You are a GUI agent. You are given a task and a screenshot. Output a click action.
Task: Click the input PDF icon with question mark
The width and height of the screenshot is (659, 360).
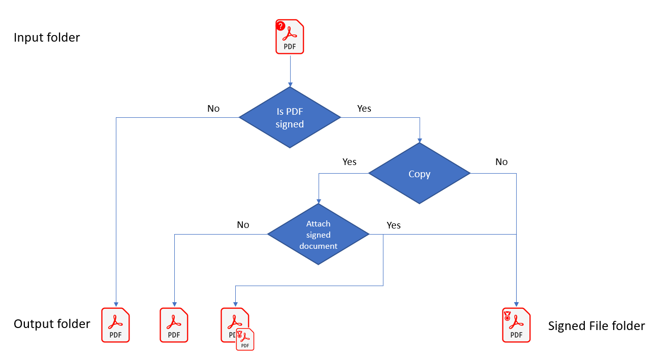[x=290, y=37]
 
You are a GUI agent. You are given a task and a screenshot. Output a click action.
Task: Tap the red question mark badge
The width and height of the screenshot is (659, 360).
[x=280, y=26]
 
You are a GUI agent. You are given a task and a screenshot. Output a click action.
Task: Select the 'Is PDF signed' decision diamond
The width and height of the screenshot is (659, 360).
[x=290, y=118]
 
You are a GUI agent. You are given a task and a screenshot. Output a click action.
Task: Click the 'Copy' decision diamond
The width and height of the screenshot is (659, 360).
[x=419, y=174]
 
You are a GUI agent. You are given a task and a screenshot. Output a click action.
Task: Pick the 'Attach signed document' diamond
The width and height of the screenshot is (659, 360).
[x=318, y=235]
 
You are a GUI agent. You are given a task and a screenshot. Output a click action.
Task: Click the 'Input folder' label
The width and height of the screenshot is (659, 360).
[x=47, y=38]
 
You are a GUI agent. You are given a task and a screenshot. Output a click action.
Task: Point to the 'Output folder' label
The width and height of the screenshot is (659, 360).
[x=52, y=324]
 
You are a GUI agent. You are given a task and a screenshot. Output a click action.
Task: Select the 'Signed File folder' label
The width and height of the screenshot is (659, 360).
[x=596, y=326]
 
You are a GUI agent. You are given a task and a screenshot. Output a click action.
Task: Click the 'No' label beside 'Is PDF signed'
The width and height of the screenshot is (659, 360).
[x=213, y=109]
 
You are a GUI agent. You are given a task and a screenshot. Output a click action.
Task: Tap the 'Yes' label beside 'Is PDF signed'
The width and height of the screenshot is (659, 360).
[x=364, y=109]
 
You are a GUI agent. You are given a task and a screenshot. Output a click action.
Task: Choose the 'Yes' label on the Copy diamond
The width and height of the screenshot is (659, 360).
[x=350, y=162]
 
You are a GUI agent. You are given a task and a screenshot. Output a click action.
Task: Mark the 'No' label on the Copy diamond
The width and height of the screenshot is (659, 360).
[x=501, y=162]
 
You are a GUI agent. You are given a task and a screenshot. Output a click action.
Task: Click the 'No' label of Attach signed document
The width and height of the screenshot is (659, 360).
[x=243, y=225]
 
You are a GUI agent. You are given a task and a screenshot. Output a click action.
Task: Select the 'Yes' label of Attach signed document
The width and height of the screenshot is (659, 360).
[x=394, y=225]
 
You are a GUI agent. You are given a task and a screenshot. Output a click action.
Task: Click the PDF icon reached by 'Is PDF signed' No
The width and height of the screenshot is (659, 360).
[x=116, y=325]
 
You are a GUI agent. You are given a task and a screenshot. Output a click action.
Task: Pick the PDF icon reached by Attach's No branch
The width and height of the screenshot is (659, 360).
[x=174, y=325]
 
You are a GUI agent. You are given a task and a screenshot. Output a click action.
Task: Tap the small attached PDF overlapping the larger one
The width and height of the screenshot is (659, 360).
[x=245, y=340]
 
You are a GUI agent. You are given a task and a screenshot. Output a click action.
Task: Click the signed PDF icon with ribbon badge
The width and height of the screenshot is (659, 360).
[x=516, y=325]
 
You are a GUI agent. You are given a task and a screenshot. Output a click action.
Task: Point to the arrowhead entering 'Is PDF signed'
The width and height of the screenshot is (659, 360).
[x=290, y=84]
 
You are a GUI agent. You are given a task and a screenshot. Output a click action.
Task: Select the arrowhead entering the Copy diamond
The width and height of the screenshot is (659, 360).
[x=420, y=140]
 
